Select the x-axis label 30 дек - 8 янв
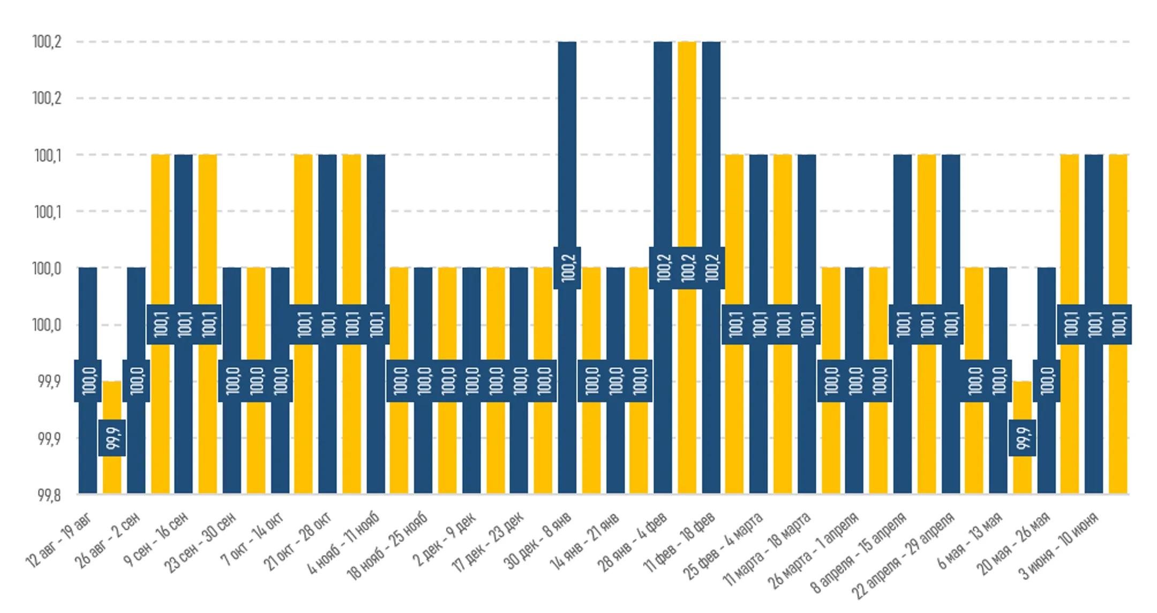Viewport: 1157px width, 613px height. point(539,539)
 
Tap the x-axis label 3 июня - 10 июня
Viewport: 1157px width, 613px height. point(1058,545)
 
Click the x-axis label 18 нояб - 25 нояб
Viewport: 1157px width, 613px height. point(387,545)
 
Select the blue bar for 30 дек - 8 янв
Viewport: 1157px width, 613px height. point(567,267)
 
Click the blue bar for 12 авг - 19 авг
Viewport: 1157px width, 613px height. point(88,380)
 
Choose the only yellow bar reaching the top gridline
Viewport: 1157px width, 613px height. point(687,267)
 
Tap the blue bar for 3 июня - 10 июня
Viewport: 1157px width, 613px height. point(1094,324)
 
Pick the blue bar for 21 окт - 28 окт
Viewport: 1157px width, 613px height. point(327,324)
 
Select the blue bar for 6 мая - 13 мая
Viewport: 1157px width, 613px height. point(998,380)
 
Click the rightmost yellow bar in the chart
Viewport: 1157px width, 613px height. point(1118,324)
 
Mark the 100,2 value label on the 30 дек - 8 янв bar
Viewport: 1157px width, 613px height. point(567,268)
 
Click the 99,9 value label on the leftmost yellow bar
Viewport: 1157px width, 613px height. point(112,438)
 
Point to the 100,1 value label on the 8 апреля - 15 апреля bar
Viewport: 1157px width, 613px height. point(903,324)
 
